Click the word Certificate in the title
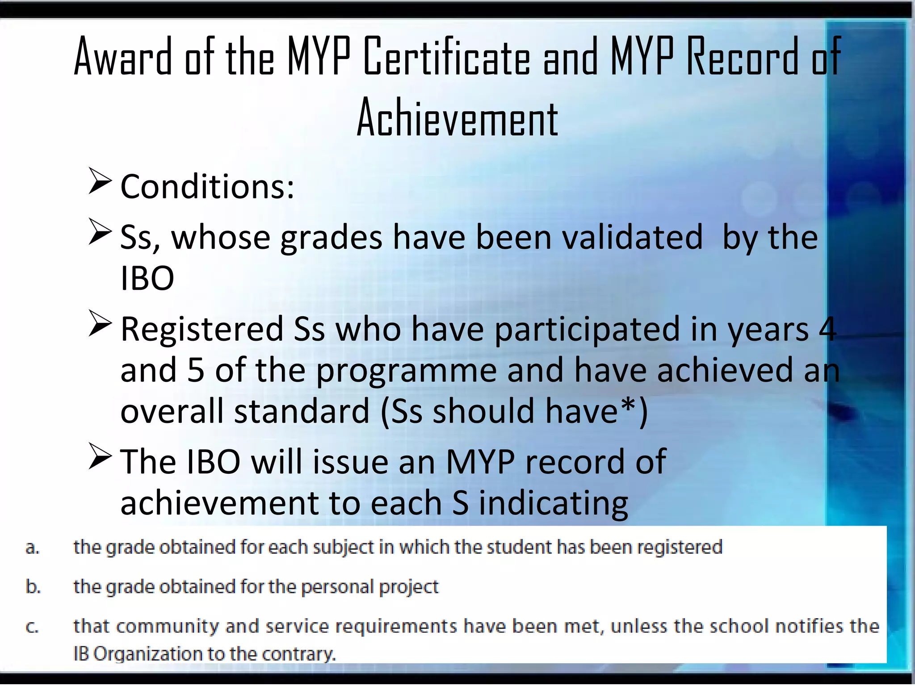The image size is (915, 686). pyautogui.click(x=447, y=57)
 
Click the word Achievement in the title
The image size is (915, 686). pyautogui.click(x=457, y=118)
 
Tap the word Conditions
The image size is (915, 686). pyautogui.click(x=207, y=187)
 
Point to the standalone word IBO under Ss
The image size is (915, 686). pyautogui.click(x=147, y=278)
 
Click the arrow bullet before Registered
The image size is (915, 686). pyautogui.click(x=99, y=324)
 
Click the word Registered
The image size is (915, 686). pyautogui.click(x=202, y=329)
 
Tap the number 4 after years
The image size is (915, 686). pyautogui.click(x=827, y=329)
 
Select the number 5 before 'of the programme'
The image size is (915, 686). pyautogui.click(x=196, y=370)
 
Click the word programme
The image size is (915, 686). pyautogui.click(x=406, y=371)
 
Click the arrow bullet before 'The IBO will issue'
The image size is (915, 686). pyautogui.click(x=99, y=456)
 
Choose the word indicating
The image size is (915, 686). pyautogui.click(x=554, y=503)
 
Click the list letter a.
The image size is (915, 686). pyautogui.click(x=32, y=548)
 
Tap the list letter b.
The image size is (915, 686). pyautogui.click(x=33, y=586)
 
